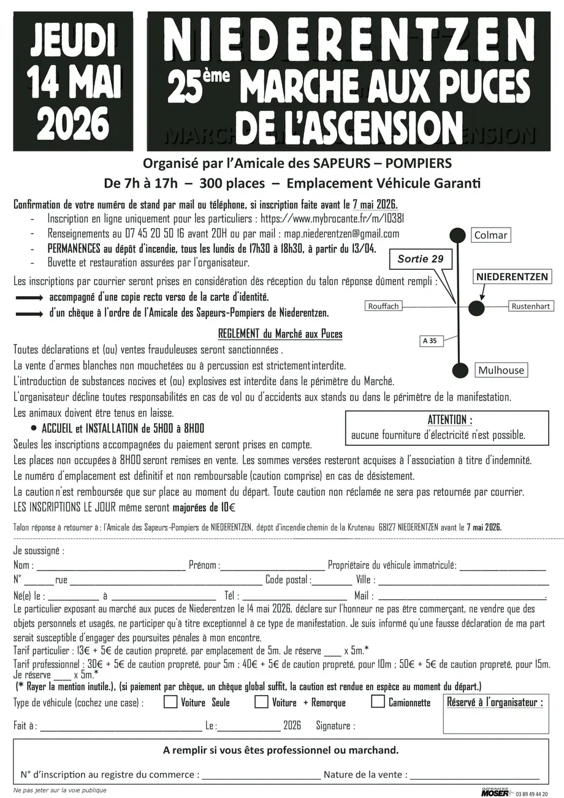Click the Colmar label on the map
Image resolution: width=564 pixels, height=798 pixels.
click(491, 235)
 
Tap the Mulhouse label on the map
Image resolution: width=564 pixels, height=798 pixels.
click(501, 370)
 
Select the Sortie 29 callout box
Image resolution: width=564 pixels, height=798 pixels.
click(421, 259)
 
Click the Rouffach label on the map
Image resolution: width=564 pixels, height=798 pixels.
click(384, 306)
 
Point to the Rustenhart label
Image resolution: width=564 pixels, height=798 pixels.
click(530, 306)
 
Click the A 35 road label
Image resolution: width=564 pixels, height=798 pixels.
click(430, 340)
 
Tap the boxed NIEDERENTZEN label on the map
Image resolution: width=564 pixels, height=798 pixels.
click(512, 277)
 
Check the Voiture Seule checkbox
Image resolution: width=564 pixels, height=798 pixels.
click(170, 702)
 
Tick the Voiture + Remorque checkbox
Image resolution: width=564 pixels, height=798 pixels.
click(261, 702)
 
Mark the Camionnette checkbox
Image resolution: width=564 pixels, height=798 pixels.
click(378, 702)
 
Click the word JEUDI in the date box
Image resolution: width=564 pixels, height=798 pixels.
click(73, 40)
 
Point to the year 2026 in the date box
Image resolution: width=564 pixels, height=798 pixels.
click(73, 124)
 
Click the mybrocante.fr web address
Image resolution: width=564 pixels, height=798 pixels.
click(332, 218)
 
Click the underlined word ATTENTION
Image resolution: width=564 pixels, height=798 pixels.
click(449, 420)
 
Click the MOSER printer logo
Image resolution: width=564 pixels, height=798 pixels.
click(495, 792)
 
